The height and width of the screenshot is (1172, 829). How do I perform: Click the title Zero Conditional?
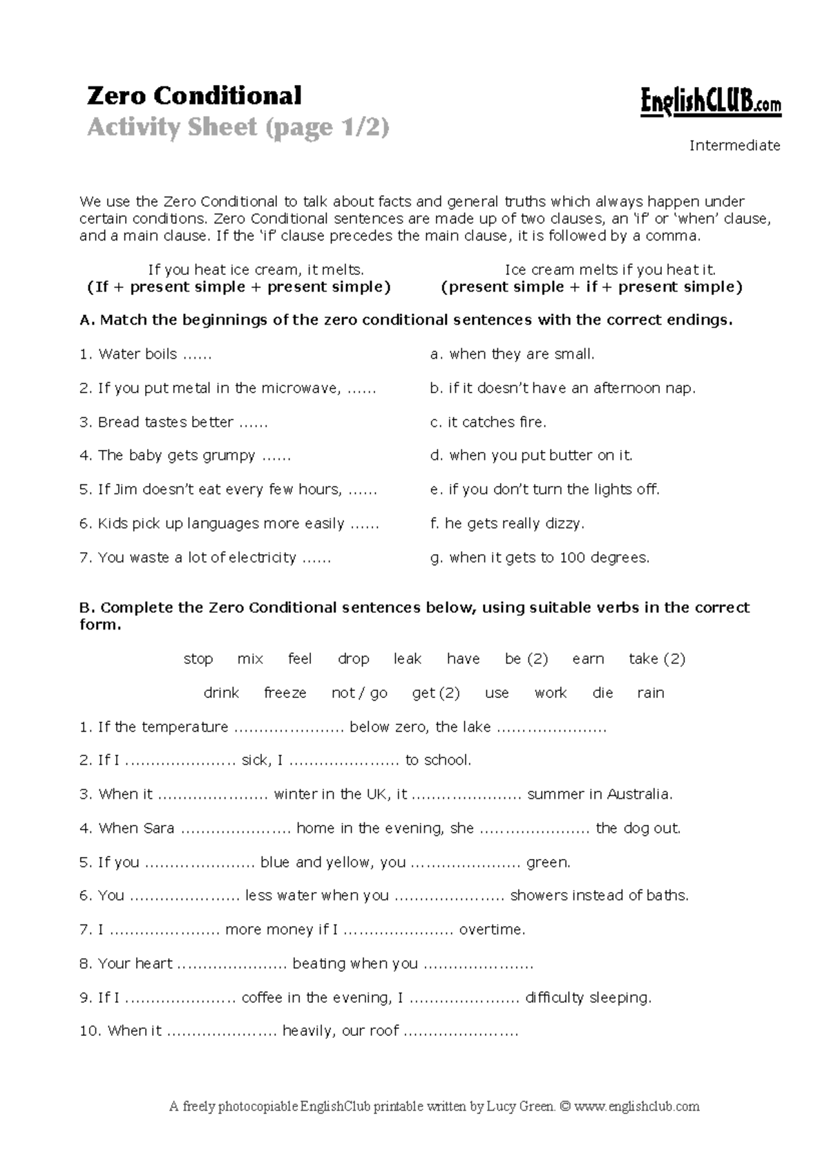point(194,95)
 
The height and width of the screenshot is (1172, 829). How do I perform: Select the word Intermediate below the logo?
point(734,146)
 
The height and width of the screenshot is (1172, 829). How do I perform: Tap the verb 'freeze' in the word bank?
point(285,693)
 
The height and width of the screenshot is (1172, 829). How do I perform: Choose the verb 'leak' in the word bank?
point(407,659)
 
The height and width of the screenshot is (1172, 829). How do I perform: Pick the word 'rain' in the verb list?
point(650,693)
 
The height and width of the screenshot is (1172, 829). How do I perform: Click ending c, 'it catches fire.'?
point(488,422)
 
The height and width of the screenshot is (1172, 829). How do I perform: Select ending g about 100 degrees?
point(540,558)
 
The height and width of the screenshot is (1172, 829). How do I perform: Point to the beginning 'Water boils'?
point(138,355)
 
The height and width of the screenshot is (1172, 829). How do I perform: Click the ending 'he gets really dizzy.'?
point(507,524)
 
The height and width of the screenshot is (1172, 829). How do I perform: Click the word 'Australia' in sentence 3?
point(639,795)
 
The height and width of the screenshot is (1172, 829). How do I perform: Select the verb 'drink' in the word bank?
point(221,693)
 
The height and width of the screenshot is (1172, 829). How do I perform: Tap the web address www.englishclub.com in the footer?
point(636,1106)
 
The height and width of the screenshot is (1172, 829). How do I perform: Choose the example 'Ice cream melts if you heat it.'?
point(610,270)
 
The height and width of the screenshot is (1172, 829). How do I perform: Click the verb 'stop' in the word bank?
point(198,659)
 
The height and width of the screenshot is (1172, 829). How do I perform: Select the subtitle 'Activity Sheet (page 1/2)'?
point(238,128)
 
